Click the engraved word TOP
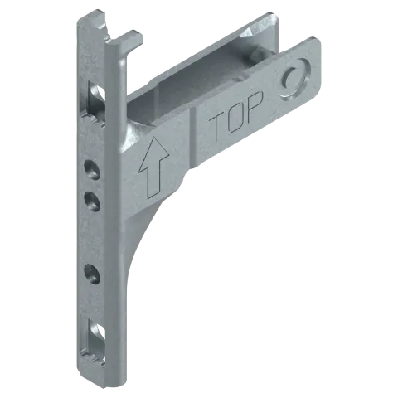tap(235, 115)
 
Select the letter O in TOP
tap(235, 117)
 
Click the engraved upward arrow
tap(153, 167)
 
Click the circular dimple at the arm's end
tap(294, 80)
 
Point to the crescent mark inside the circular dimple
tap(289, 78)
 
